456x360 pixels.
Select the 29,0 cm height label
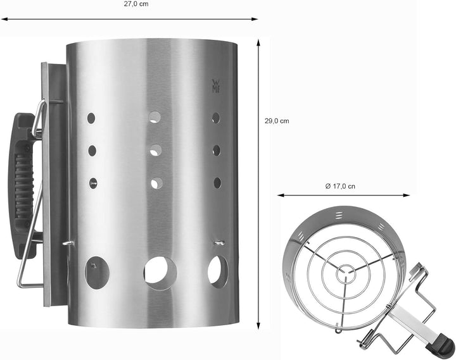click(276, 121)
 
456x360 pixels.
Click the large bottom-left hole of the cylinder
click(97, 273)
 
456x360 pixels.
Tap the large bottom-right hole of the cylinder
click(217, 271)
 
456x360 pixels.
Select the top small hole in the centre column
click(155, 117)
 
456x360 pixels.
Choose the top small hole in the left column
click(91, 118)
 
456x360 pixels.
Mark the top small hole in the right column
click(216, 118)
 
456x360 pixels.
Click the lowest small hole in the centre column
click(156, 183)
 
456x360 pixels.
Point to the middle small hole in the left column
click(92, 151)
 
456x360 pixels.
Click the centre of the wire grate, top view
click(345, 271)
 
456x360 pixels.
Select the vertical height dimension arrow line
click(259, 183)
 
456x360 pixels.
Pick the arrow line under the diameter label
click(345, 196)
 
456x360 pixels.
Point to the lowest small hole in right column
click(217, 182)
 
